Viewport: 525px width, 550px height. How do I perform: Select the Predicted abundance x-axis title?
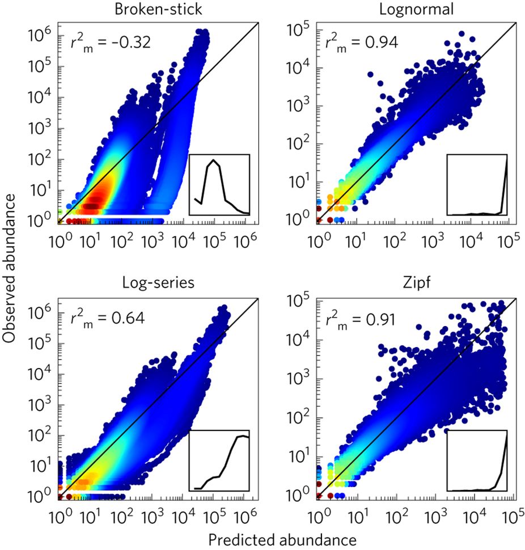click(x=282, y=539)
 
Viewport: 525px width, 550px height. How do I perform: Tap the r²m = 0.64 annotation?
click(x=107, y=317)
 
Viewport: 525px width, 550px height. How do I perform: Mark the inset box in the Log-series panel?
click(x=219, y=460)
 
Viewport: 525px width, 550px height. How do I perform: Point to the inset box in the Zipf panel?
click(x=477, y=460)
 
